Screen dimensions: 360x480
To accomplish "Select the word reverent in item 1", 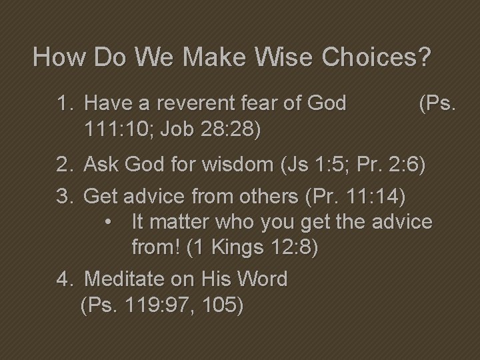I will point(188,103).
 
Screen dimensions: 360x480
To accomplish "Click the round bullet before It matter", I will point(111,221).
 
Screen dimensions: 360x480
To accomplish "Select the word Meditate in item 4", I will point(127,279).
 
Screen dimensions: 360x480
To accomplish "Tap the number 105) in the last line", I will point(223,305).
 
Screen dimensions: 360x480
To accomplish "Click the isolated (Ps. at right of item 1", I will point(437,103).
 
